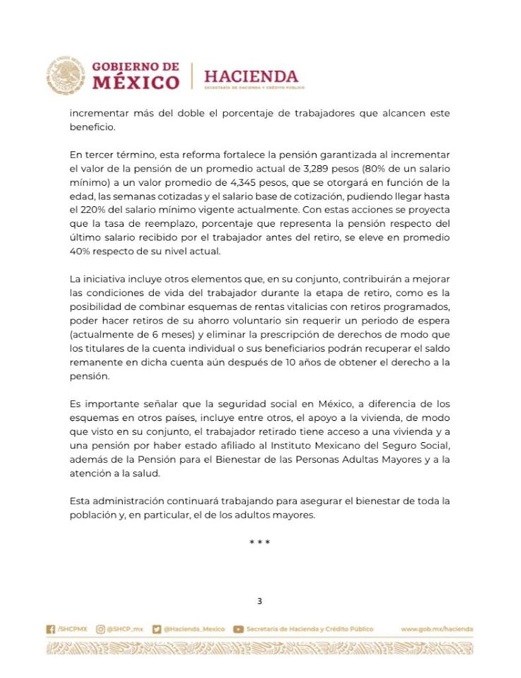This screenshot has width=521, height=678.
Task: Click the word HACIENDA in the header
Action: (x=250, y=75)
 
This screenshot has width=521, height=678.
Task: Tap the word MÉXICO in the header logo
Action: (x=136, y=82)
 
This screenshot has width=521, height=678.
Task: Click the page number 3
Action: (x=260, y=601)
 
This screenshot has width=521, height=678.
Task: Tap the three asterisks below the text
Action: (x=260, y=542)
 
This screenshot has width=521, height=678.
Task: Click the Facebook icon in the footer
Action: (x=50, y=629)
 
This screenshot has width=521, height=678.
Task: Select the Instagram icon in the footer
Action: (x=100, y=629)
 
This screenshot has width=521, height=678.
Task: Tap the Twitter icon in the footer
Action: (x=157, y=629)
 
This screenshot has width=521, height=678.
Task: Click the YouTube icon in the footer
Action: (x=239, y=629)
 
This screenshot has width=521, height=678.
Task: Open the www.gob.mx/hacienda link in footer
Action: (x=436, y=629)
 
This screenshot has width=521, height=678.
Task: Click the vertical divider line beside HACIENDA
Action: (x=192, y=76)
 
